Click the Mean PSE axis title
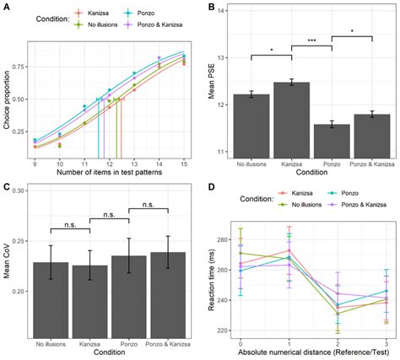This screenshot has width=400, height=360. pyautogui.click(x=212, y=83)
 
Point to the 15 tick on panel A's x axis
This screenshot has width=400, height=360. pyautogui.click(x=182, y=164)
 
